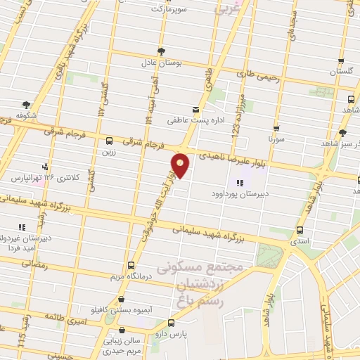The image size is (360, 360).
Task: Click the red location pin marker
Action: tap(181, 165)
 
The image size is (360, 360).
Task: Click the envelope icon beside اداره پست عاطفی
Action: tap(195, 110)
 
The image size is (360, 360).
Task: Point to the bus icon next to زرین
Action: tap(108, 141)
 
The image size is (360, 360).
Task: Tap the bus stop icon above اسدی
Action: tap(300, 231)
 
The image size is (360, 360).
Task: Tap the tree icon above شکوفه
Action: tap(27, 105)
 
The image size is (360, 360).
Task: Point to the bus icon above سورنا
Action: tap(276, 129)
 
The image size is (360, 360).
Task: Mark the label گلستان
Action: tap(341, 72)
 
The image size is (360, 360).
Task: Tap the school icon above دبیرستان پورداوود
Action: tap(240, 184)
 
